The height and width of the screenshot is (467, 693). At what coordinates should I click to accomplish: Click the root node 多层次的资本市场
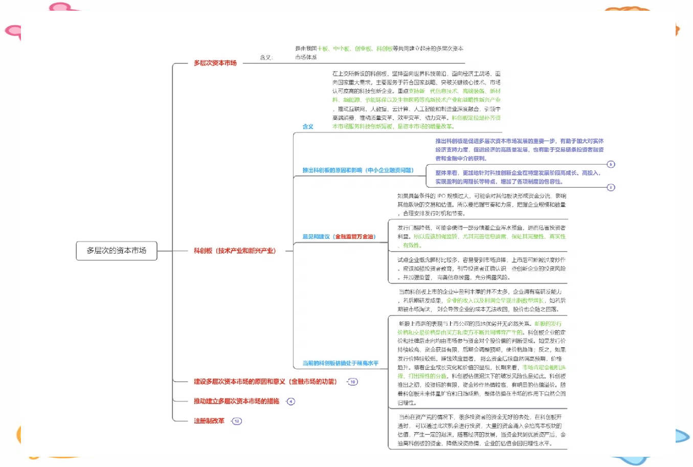(x=116, y=251)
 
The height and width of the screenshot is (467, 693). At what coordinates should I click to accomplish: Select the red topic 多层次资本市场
(x=215, y=63)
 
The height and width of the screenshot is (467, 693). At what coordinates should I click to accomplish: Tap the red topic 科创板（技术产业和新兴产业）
(x=234, y=251)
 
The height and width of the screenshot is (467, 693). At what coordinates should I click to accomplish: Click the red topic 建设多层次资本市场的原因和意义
(x=265, y=382)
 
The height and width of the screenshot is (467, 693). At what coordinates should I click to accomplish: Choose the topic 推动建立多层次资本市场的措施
(x=236, y=401)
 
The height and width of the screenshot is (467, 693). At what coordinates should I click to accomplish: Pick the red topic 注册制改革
(x=209, y=421)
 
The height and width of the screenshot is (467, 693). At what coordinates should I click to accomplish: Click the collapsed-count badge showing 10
(x=352, y=382)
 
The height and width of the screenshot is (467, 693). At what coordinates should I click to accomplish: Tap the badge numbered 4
(x=291, y=402)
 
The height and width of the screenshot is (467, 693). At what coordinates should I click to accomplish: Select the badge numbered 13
(x=237, y=421)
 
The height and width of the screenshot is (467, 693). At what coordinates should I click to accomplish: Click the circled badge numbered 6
(x=611, y=164)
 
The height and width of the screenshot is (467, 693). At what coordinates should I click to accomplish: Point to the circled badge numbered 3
(x=611, y=187)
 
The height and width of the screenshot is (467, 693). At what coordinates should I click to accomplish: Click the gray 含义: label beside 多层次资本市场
(x=266, y=57)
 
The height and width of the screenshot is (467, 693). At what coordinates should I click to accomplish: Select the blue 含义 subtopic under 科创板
(x=308, y=126)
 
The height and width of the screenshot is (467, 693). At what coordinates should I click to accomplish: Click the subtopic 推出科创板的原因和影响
(x=357, y=170)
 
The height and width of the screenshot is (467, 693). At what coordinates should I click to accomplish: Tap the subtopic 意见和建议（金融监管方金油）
(x=339, y=237)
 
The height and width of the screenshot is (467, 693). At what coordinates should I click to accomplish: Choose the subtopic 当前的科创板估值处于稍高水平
(x=340, y=363)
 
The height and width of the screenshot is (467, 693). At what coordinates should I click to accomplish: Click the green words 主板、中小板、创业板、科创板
(x=354, y=49)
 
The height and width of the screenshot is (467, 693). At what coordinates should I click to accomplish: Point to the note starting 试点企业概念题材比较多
(x=481, y=269)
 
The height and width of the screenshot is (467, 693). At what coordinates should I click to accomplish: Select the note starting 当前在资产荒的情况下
(x=481, y=430)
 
